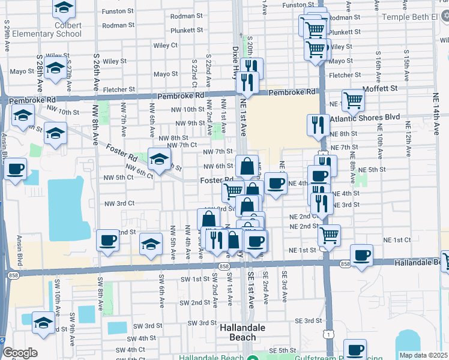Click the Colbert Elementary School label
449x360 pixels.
[49, 29]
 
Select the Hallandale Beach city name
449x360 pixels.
[246, 332]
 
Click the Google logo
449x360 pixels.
[20, 353]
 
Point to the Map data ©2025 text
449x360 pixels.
[423, 355]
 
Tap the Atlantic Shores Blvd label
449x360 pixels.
[373, 118]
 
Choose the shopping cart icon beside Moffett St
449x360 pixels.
[353, 100]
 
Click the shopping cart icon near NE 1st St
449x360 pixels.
[329, 235]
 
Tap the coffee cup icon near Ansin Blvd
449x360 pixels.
[16, 169]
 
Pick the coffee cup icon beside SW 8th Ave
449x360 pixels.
[108, 241]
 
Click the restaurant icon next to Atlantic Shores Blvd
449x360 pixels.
[318, 125]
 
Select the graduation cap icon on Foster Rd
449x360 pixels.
[159, 160]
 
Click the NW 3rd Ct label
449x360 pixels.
[119, 204]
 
